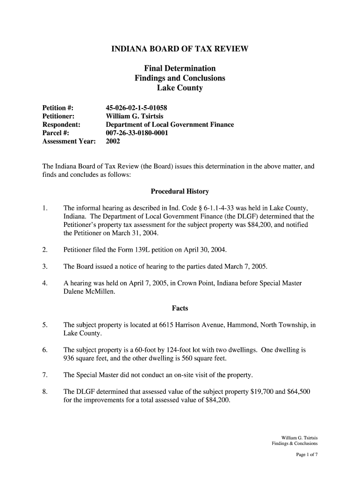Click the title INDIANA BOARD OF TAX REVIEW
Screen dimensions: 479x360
coord(180,49)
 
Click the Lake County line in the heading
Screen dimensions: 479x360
coord(180,88)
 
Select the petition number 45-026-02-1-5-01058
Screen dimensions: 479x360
coord(137,108)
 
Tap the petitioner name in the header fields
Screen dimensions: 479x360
coord(135,116)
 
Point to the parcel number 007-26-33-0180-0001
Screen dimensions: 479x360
coord(137,133)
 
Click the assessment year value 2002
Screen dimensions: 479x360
coord(113,141)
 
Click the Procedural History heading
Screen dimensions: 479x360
coord(180,192)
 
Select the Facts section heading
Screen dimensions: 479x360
coord(180,308)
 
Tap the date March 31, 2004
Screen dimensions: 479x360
coord(136,233)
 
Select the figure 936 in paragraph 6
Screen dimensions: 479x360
coord(69,358)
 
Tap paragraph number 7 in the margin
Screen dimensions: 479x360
coord(44,375)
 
